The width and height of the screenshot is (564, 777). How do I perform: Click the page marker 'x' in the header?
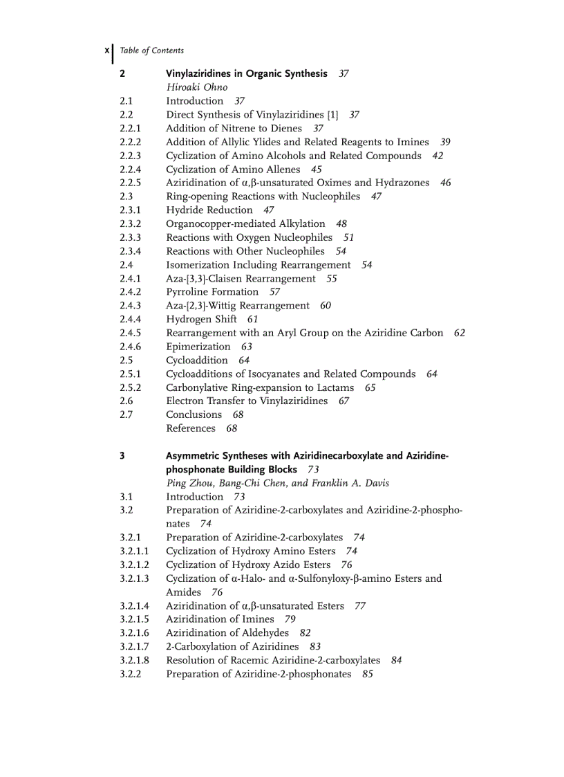106,51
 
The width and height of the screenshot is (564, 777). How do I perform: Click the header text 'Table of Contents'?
151,51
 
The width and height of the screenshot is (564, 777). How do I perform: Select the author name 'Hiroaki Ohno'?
196,87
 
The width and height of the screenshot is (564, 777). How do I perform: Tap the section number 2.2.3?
130,156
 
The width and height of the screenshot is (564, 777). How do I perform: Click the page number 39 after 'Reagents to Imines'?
445,142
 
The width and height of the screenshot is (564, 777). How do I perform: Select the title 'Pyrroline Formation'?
212,292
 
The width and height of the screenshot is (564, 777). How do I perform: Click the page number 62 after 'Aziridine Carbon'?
460,333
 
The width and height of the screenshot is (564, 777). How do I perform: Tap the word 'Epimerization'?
198,347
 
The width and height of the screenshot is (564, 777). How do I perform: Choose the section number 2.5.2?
130,387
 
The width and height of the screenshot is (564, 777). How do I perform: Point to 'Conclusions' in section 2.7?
194,414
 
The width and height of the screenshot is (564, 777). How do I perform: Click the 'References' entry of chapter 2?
191,428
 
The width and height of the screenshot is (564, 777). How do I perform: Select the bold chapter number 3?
122,455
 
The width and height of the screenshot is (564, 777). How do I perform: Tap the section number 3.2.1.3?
134,578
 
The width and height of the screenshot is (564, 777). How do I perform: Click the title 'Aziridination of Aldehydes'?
227,633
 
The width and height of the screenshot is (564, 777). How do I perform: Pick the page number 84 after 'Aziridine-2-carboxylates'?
396,660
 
